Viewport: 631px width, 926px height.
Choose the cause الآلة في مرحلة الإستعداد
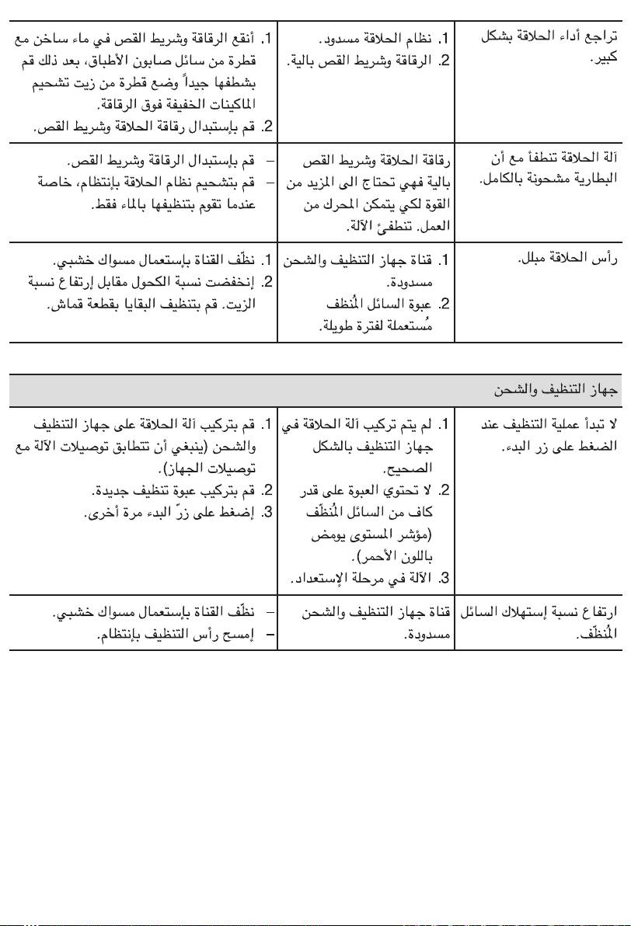pos(362,579)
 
